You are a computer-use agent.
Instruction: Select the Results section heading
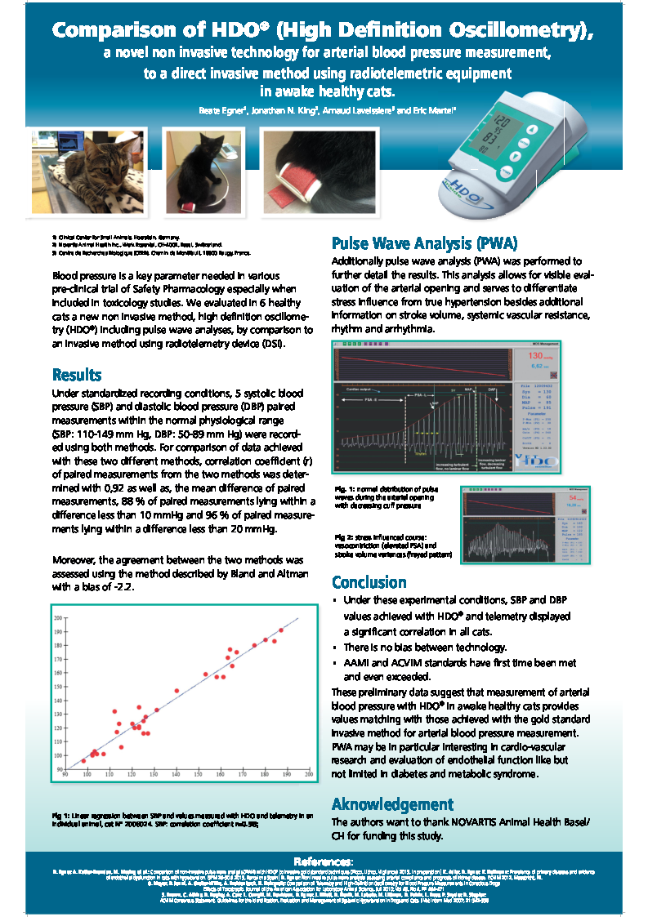pos(77,375)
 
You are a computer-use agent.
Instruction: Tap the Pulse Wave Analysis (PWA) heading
pos(424,243)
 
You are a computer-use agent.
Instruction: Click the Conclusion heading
pos(369,582)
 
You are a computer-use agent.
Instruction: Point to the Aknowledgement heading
pos(392,803)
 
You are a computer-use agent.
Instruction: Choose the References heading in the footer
pos(324,862)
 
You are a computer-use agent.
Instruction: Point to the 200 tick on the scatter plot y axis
pos(58,618)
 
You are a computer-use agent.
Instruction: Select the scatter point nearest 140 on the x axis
pos(177,691)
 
